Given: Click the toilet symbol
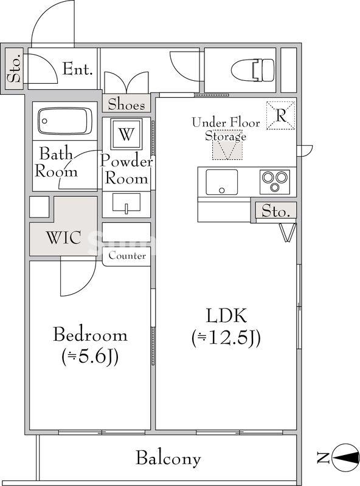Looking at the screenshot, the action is pyautogui.click(x=253, y=70).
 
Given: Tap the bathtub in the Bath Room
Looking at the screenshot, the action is pyautogui.click(x=65, y=121).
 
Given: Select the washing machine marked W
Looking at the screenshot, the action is pyautogui.click(x=126, y=134).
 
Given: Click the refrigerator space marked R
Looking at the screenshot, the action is pyautogui.click(x=281, y=115).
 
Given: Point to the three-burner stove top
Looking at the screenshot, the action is pyautogui.click(x=275, y=182).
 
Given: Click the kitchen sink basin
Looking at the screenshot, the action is pyautogui.click(x=221, y=182).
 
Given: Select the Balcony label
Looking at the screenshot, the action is pyautogui.click(x=168, y=458).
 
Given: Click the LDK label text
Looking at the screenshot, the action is pyautogui.click(x=226, y=315).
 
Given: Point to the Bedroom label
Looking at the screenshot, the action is pyautogui.click(x=90, y=335).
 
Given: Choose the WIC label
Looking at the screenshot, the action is pyautogui.click(x=64, y=238).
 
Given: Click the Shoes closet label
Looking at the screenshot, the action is pyautogui.click(x=126, y=104).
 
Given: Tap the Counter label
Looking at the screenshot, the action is pyautogui.click(x=127, y=256).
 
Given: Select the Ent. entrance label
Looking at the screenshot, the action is pyautogui.click(x=78, y=69).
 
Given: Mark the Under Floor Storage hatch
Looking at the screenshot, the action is pyautogui.click(x=227, y=150).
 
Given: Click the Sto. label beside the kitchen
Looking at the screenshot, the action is pyautogui.click(x=275, y=211).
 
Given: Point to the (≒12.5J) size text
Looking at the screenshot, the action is pyautogui.click(x=226, y=338).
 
